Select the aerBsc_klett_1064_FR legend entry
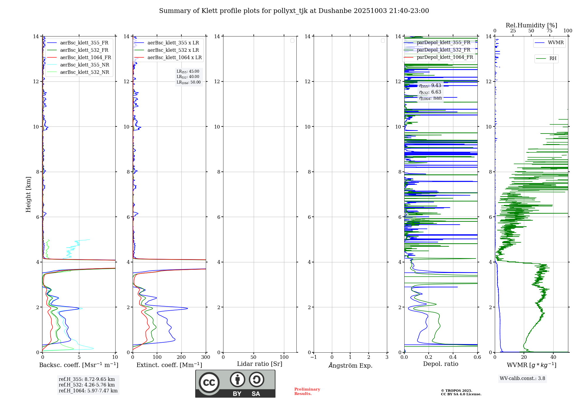[x=85, y=57]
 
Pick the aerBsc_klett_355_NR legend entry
[x=84, y=65]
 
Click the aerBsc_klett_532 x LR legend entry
[x=173, y=50]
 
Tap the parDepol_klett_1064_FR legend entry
[x=445, y=57]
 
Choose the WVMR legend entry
[x=555, y=43]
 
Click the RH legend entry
[x=553, y=59]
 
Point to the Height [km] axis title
[x=28, y=194]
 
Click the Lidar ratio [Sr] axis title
[x=260, y=364]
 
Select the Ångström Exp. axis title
[x=350, y=365]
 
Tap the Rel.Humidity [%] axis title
[x=531, y=25]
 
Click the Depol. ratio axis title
[x=440, y=364]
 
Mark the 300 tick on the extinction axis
[x=206, y=357]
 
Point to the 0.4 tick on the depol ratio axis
[x=453, y=357]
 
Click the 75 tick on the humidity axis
[x=549, y=31]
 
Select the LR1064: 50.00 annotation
[x=188, y=82]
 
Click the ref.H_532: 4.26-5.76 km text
[x=87, y=385]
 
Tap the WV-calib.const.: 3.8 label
[x=522, y=379]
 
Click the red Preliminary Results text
[x=307, y=391]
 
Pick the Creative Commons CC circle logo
[x=209, y=382]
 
